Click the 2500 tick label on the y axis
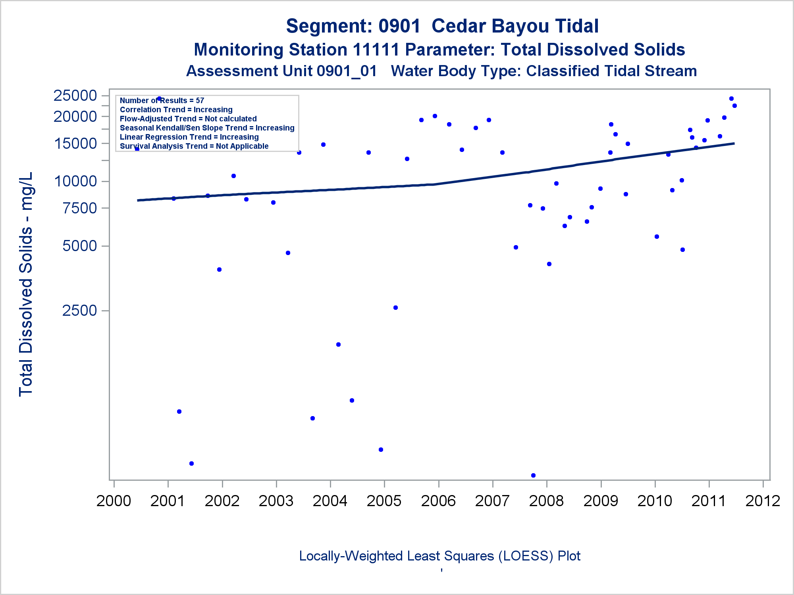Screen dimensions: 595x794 [79, 311]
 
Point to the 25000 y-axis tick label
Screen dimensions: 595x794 [75, 96]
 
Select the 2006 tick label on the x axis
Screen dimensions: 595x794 [438, 501]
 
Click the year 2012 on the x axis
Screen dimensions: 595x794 [763, 501]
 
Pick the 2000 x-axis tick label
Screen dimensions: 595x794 [114, 501]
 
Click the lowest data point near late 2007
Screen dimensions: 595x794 [533, 475]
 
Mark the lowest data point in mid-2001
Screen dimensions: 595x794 [191, 463]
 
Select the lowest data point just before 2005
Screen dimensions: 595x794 [381, 449]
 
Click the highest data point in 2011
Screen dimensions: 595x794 [731, 99]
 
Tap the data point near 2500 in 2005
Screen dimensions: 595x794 [395, 307]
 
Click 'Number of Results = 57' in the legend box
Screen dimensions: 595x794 [162, 100]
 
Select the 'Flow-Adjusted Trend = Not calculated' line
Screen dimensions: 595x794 [188, 119]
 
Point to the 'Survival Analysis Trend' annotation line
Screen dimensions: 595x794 [194, 146]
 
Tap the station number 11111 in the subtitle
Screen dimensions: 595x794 [376, 50]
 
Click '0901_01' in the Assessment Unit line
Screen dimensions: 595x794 [347, 71]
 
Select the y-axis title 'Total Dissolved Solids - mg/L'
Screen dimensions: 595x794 [26, 284]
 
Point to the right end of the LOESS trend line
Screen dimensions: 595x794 [734, 143]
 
